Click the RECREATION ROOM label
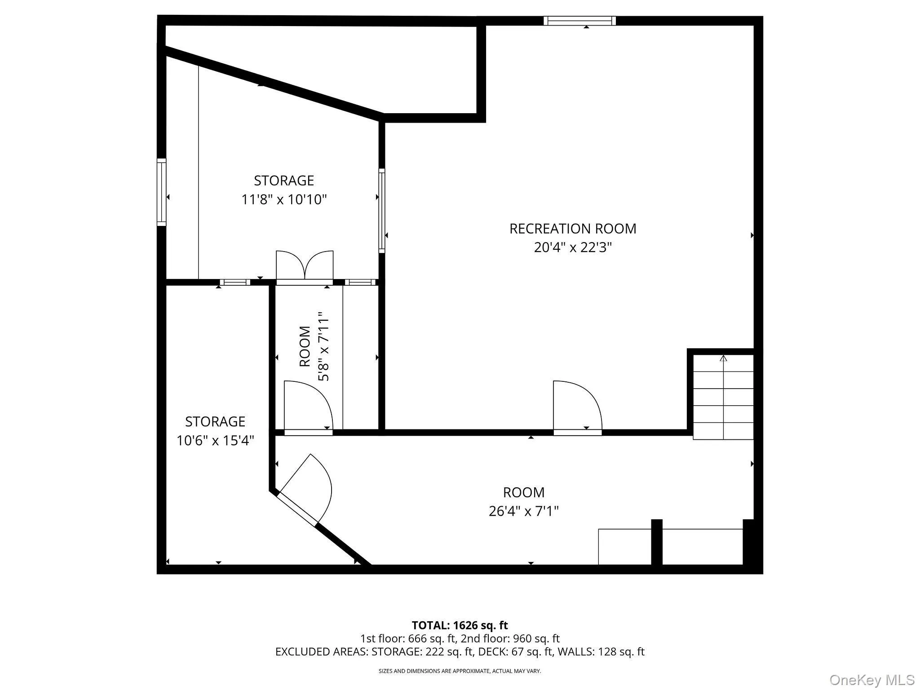point(573,229)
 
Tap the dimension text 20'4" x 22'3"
point(573,248)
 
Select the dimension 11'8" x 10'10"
point(284,199)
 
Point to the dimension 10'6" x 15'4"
point(215,441)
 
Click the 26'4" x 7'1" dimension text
point(524,511)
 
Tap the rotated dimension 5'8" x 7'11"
point(324,346)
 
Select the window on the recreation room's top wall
point(579,21)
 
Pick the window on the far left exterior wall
point(161,192)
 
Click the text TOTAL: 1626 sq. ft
point(460,625)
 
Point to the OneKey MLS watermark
point(871,680)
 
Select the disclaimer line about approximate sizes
point(460,671)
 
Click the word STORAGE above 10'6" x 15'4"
point(215,422)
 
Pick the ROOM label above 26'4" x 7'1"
point(524,492)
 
